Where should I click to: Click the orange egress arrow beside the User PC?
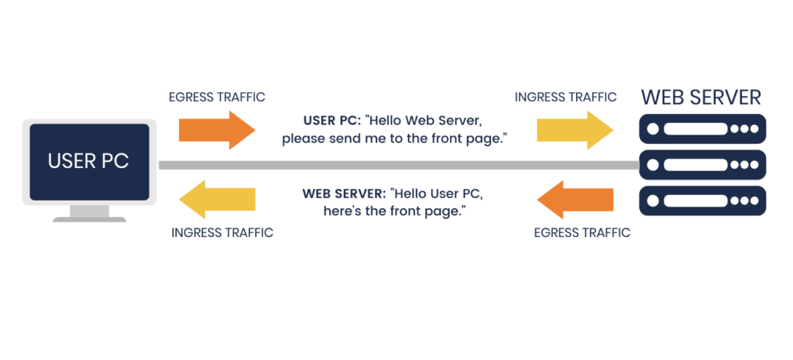(215, 129)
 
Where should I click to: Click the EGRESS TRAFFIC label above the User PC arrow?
(217, 98)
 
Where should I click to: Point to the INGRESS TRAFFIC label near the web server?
(565, 98)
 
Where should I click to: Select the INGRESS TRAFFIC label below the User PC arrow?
(222, 232)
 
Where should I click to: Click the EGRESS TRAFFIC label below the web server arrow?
(582, 232)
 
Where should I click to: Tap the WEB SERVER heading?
(701, 98)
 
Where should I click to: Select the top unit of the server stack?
(702, 129)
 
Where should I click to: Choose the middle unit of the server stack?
(702, 164)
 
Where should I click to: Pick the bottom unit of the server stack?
(702, 200)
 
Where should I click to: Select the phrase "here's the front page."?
(394, 211)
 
